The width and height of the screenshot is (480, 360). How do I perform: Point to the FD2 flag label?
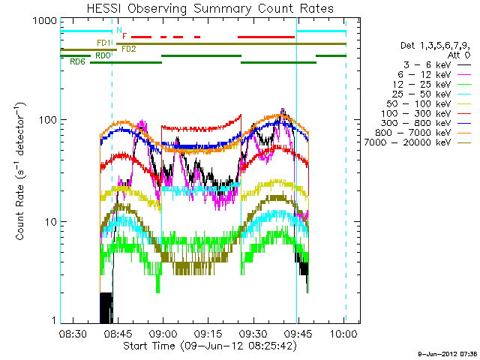[128, 49]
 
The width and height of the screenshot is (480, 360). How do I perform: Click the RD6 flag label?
[77, 62]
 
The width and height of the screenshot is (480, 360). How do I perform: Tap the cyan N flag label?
[118, 31]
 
